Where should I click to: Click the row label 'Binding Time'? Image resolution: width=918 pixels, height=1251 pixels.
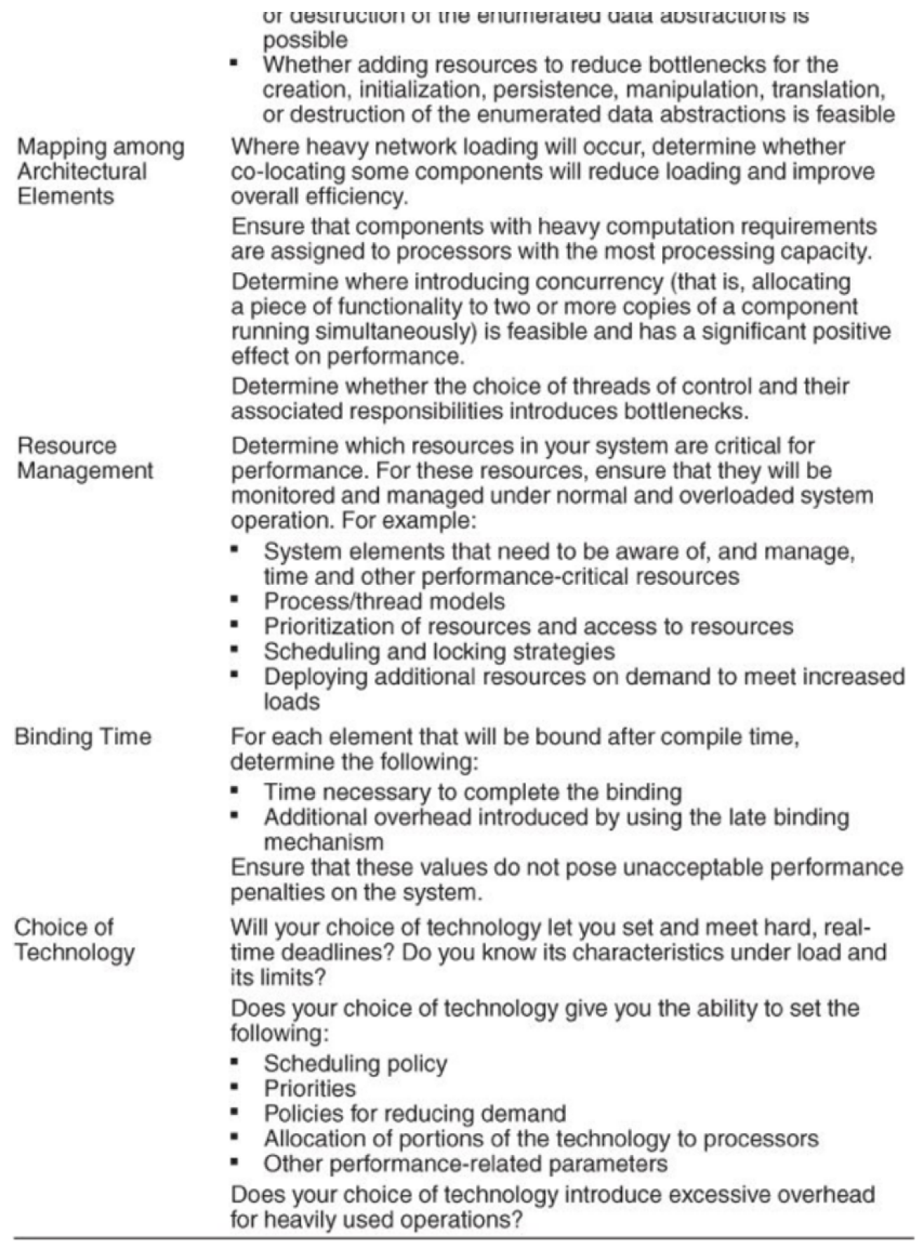pos(83,737)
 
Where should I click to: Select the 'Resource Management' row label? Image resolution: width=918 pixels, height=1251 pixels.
pos(84,458)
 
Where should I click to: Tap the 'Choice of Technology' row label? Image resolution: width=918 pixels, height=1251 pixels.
pos(74,940)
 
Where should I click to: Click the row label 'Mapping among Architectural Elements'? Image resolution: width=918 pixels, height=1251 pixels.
pos(100,171)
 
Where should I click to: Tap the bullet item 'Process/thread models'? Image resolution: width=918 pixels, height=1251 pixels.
pos(384,602)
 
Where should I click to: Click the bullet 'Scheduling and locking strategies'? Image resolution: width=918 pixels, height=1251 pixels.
pos(439,651)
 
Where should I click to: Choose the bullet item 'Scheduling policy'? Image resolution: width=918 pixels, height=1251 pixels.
pos(355,1064)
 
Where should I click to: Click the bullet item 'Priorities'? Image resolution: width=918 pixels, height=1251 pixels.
pos(309,1088)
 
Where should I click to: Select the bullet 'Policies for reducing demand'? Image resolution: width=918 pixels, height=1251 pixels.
pos(414,1114)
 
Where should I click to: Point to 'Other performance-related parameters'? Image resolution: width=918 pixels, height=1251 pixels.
pos(465,1164)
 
